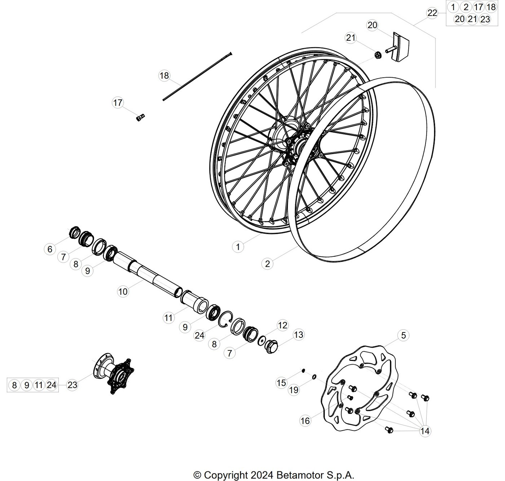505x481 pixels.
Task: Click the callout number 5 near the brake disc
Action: point(403,335)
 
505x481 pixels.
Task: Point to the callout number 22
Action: point(432,13)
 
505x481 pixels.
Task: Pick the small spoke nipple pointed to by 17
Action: point(140,118)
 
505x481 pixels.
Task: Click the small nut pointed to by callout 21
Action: point(378,55)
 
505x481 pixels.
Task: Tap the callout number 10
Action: point(123,291)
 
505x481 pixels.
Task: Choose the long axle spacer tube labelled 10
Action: point(148,275)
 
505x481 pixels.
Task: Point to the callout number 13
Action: point(298,335)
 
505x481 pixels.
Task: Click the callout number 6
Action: point(50,249)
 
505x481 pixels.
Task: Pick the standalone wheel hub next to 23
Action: point(113,374)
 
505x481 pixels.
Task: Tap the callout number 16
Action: point(305,421)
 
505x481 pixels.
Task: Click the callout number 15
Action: point(281,383)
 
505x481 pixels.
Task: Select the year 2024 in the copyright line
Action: point(262,475)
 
